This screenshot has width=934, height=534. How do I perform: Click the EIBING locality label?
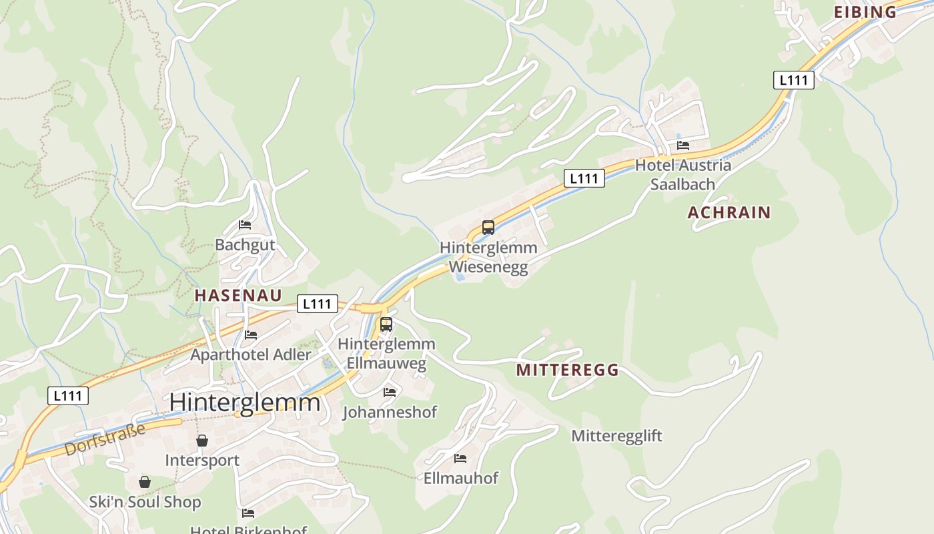(865, 11)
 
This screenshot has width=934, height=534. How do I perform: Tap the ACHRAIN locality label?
(729, 212)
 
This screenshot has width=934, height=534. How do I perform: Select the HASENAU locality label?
(238, 295)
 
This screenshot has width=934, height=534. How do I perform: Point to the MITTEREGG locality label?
(567, 370)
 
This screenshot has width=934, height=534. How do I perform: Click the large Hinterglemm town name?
(245, 403)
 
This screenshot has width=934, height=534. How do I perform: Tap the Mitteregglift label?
(616, 436)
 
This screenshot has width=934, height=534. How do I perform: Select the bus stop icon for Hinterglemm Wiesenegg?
(488, 228)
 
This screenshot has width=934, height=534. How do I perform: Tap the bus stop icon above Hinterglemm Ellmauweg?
(386, 324)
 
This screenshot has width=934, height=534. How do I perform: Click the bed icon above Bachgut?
(245, 225)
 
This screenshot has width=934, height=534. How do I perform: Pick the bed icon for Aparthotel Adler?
(251, 334)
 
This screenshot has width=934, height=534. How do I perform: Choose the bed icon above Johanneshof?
(390, 392)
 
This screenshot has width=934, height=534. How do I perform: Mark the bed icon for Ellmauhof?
(460, 458)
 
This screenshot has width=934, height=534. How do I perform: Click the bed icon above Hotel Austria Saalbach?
(683, 145)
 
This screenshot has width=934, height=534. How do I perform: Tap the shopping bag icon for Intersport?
(202, 441)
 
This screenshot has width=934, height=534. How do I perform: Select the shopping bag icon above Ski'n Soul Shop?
(145, 482)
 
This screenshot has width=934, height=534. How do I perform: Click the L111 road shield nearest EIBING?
(794, 80)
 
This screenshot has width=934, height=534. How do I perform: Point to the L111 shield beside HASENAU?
(317, 304)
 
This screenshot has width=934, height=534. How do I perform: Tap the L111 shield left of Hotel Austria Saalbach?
(584, 178)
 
